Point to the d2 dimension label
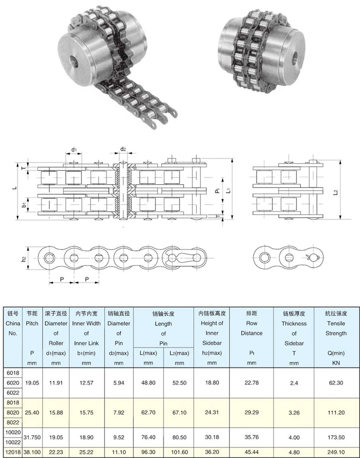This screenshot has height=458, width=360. click(123, 149)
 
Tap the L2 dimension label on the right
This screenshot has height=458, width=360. click(335, 192)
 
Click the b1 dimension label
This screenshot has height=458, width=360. click(24, 205)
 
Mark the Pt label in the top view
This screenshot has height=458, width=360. click(218, 190)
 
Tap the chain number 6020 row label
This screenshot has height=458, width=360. click(13, 382)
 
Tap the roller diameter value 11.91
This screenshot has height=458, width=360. click(56, 382)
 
